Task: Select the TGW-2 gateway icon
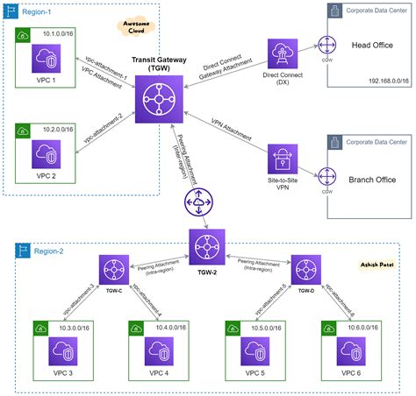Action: coord(207,241)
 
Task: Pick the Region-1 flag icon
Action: coord(11,11)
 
